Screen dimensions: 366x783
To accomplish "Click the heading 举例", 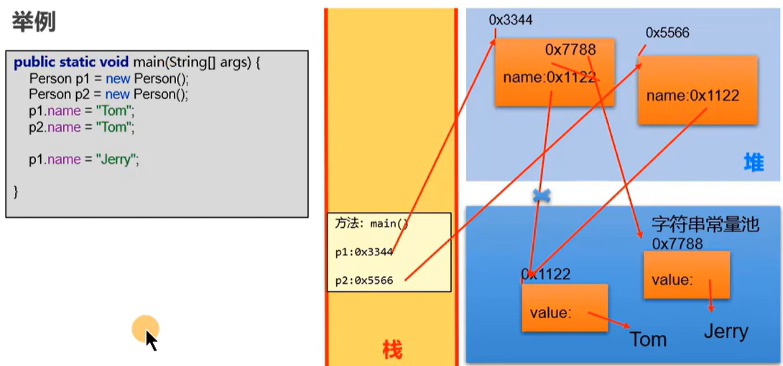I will [x=34, y=22].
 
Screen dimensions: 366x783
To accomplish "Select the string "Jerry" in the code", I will [x=116, y=160].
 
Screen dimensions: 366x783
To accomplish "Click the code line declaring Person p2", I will [x=108, y=94].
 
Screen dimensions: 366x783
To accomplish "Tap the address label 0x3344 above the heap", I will [x=511, y=20].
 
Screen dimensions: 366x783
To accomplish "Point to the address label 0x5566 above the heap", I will [x=667, y=32].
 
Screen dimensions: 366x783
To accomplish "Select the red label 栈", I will [x=392, y=350].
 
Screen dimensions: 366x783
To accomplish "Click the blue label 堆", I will [x=754, y=163].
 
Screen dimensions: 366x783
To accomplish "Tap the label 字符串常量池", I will [x=705, y=224].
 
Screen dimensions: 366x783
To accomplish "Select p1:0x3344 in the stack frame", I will [x=364, y=252].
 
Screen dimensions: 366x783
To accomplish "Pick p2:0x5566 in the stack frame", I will [x=364, y=280].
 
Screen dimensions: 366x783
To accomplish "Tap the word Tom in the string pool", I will [x=648, y=339].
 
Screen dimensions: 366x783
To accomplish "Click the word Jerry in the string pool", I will [x=726, y=331].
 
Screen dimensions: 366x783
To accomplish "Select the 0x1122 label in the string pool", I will [x=546, y=274].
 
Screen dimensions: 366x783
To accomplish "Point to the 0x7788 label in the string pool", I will [x=677, y=243].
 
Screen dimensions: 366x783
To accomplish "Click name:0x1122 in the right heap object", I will [x=692, y=96].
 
